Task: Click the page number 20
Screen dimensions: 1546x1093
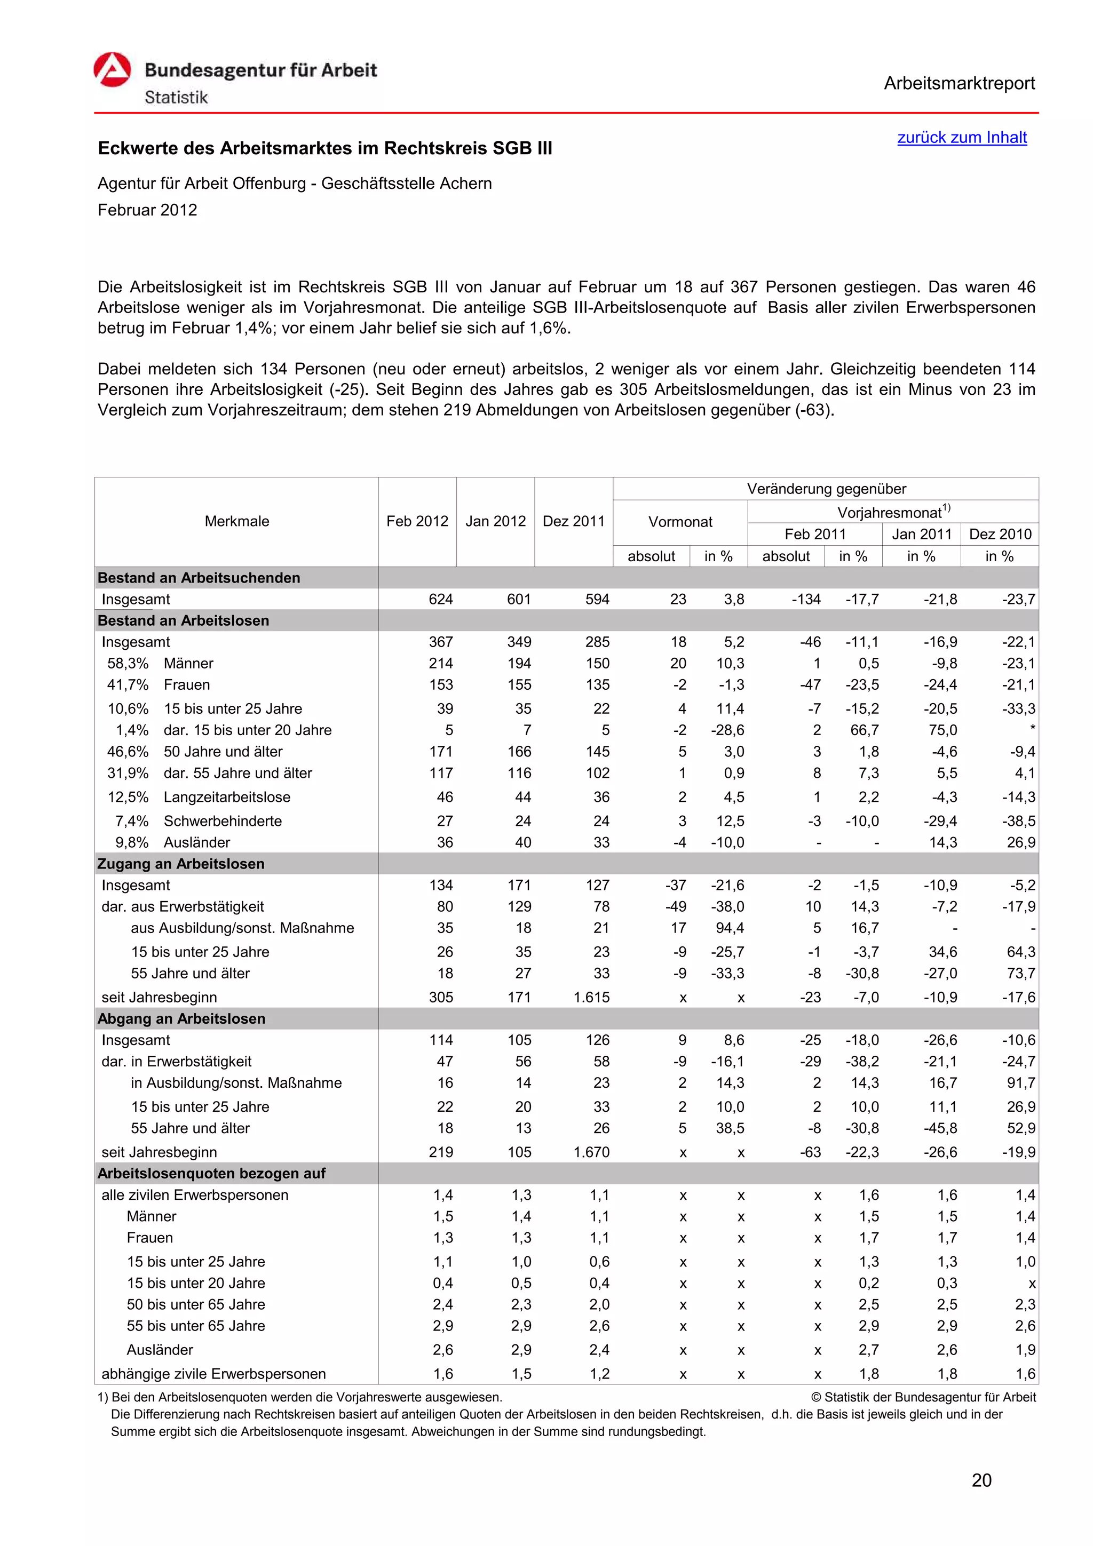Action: (981, 1480)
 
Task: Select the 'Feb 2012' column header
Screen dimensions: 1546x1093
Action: (417, 521)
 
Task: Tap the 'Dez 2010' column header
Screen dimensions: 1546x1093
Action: (1000, 534)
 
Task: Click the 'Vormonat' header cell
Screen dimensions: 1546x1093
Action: (679, 522)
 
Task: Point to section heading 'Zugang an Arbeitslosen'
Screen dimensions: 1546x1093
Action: (181, 864)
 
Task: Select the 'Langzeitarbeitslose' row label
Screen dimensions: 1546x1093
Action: (227, 797)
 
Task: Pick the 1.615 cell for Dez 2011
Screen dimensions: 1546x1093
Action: (591, 997)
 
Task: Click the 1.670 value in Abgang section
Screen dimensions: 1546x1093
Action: (591, 1152)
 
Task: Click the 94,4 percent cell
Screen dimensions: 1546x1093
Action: (730, 928)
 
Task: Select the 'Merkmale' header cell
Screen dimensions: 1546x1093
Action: (236, 521)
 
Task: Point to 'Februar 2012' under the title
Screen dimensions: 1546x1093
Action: (147, 210)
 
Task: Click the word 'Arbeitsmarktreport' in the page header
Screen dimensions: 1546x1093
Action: (959, 84)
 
